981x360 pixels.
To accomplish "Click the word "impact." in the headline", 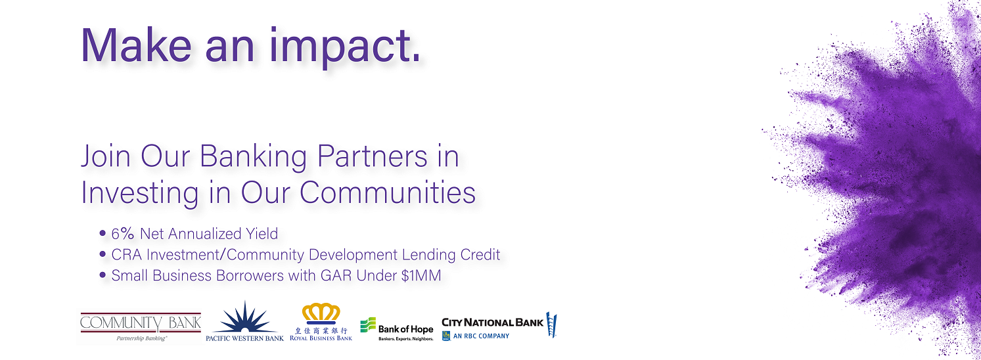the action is click(345, 47).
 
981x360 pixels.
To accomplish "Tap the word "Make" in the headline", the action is click(136, 45).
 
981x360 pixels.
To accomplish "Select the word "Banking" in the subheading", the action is click(253, 158).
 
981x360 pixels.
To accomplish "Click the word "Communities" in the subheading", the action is click(388, 192).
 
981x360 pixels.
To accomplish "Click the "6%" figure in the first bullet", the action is click(123, 234).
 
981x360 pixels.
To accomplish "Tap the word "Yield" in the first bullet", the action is click(262, 234).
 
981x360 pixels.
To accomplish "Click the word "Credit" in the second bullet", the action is click(480, 254).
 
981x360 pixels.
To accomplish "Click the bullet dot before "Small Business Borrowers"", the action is click(103, 275).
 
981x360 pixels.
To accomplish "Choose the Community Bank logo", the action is click(141, 326).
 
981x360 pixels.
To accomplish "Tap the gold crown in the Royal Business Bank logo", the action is click(321, 313).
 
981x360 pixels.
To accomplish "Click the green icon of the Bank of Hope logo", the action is click(368, 325).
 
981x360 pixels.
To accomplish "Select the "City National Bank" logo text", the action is click(492, 323).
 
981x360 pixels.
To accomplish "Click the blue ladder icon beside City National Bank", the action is click(551, 325).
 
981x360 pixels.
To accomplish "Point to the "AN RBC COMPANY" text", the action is click(482, 336).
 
